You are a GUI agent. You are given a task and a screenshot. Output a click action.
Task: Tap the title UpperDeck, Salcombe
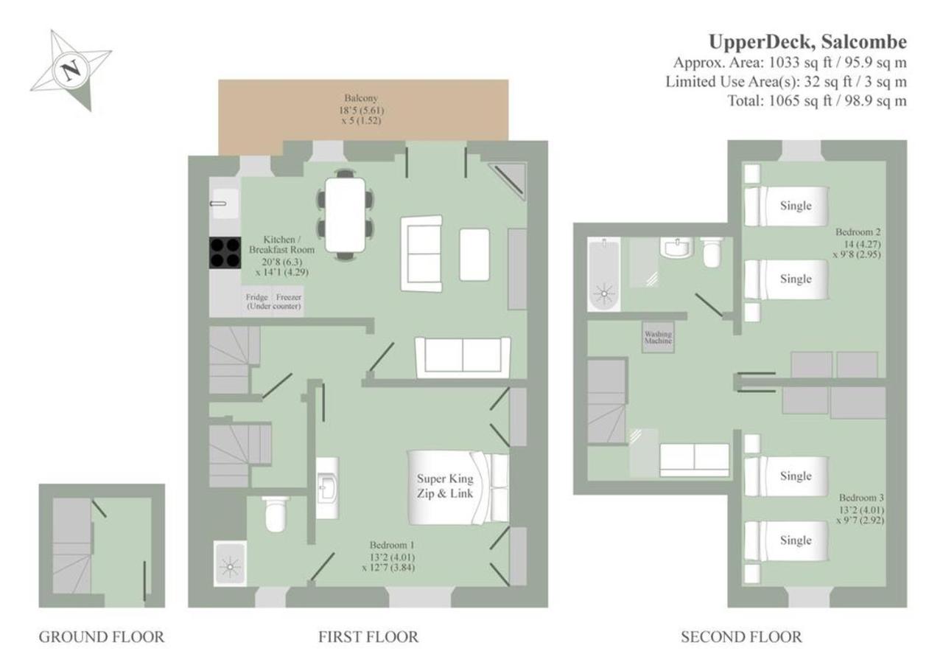pos(807,42)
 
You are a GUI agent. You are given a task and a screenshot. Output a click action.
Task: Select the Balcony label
pos(361,98)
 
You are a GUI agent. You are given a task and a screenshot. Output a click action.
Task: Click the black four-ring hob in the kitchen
pos(225,253)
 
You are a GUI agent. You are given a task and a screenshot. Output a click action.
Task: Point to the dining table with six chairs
pos(346,215)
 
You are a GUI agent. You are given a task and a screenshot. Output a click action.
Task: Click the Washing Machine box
pos(658,338)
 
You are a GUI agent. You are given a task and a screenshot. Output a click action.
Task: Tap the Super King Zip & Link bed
pos(458,488)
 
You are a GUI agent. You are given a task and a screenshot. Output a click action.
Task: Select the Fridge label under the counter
pos(257,297)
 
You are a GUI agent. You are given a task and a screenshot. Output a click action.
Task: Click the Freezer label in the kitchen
pos(288,297)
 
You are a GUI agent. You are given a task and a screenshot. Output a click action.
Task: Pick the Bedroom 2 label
pos(858,232)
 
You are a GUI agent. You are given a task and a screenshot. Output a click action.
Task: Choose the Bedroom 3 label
pos(861,498)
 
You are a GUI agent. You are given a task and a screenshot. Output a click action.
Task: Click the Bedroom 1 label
pos(392,545)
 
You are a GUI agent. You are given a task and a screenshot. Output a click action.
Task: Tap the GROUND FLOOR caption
pos(102,637)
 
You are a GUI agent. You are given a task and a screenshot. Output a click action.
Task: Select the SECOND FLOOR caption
pos(741,637)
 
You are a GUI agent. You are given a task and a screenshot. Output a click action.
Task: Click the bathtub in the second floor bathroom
pos(603,274)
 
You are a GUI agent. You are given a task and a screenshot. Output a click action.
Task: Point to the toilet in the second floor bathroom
pos(712,252)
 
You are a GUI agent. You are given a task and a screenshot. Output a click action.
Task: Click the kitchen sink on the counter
pos(225,203)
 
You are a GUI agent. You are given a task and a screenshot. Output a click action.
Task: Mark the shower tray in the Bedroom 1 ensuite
pos(230,563)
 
